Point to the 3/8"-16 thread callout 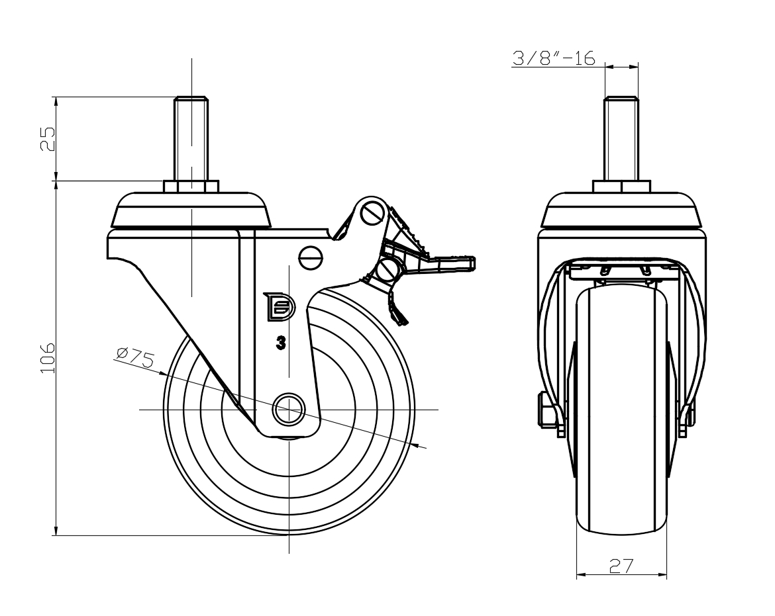coord(553,58)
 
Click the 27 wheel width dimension coord(621,566)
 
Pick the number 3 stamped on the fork coord(282,343)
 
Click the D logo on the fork coord(278,306)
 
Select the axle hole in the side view coord(289,410)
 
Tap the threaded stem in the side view coord(191,139)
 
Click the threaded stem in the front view coord(621,139)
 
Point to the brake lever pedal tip coord(464,263)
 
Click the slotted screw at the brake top coord(372,213)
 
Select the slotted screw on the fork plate coord(310,257)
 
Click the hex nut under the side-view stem coord(191,186)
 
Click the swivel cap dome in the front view coord(621,209)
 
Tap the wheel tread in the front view coord(621,410)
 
